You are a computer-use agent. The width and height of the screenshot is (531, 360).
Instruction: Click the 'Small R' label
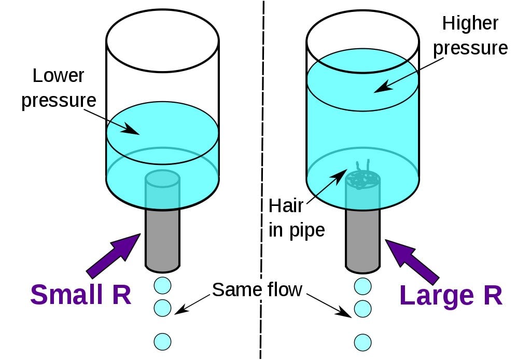click(x=80, y=294)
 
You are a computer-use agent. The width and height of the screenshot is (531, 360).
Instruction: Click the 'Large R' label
click(x=451, y=295)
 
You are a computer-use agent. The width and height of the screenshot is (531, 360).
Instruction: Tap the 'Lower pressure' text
click(x=58, y=88)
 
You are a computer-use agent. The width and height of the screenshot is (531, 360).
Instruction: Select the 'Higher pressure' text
click(x=470, y=36)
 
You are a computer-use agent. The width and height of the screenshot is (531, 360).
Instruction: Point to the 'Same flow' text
click(x=257, y=289)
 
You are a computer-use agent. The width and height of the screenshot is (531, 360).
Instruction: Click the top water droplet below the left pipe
click(x=163, y=285)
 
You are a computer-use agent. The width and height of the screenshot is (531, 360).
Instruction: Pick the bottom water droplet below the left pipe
click(x=163, y=341)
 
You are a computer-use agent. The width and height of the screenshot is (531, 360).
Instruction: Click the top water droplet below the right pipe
click(x=363, y=285)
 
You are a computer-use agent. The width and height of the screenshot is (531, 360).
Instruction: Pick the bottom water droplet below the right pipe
click(x=363, y=342)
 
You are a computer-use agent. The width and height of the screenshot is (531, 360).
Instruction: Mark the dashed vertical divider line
click(x=261, y=156)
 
